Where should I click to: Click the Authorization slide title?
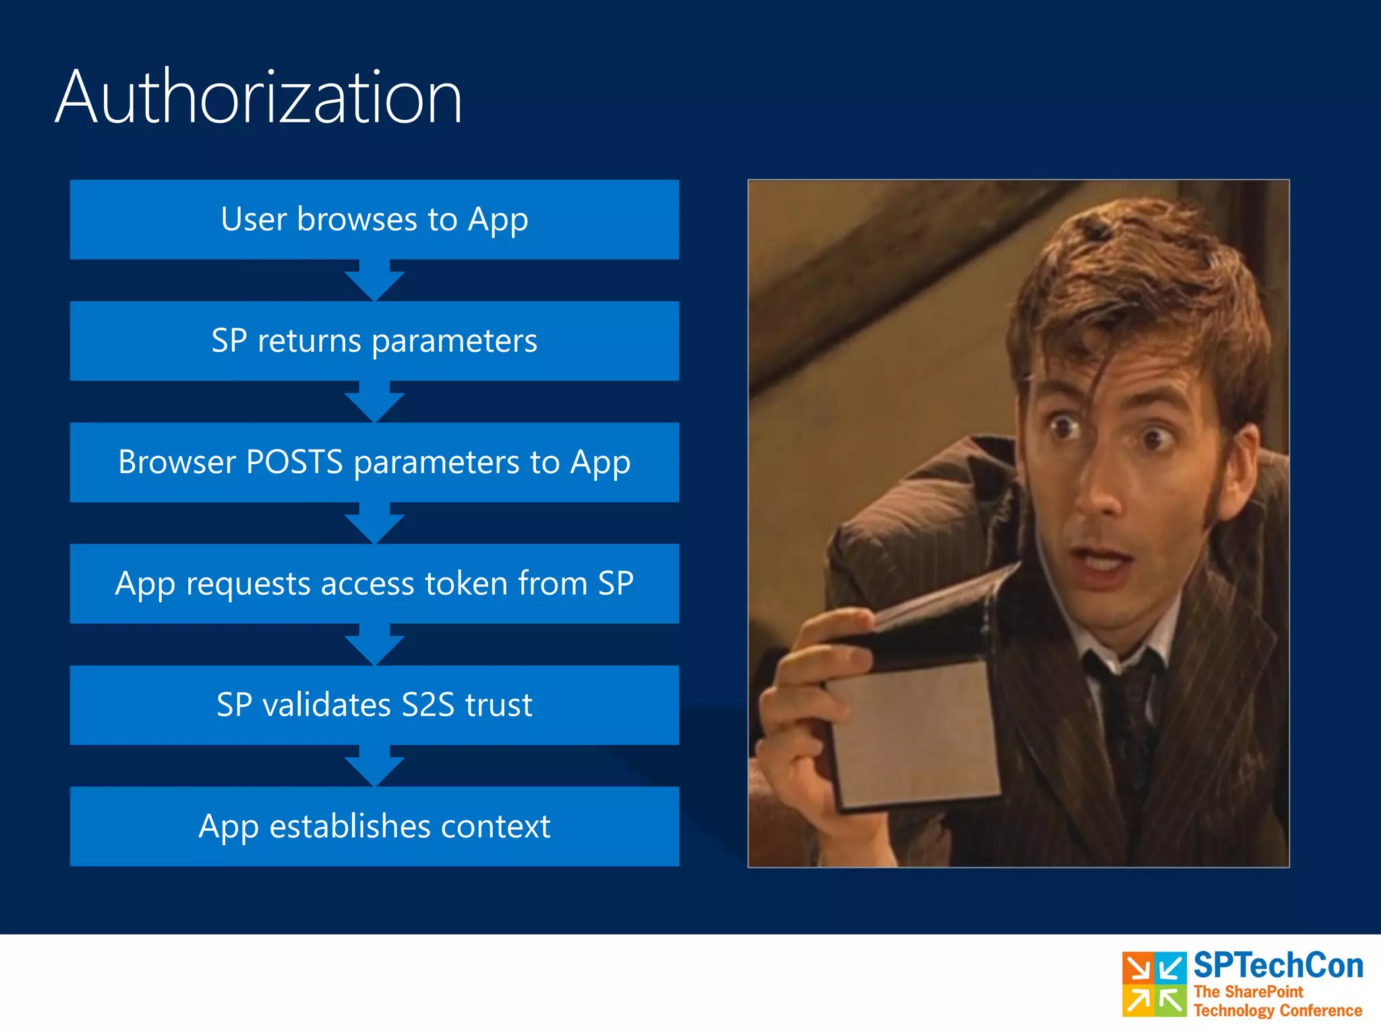(258, 98)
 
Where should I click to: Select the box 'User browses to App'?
(374, 220)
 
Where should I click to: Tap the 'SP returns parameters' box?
(374, 341)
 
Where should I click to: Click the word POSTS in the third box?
(295, 462)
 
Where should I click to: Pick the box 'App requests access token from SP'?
(374, 584)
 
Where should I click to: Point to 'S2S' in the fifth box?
(428, 705)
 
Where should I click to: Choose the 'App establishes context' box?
(374, 826)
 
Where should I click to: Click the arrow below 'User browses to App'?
(374, 280)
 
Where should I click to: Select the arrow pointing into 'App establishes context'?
(374, 765)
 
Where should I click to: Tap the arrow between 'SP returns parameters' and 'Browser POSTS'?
(374, 402)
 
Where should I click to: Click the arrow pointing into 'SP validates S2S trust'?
(374, 644)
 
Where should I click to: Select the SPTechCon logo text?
(1278, 966)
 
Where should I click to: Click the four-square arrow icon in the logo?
(1154, 984)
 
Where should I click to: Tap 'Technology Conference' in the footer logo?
(1278, 1011)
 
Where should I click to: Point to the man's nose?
(1099, 492)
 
